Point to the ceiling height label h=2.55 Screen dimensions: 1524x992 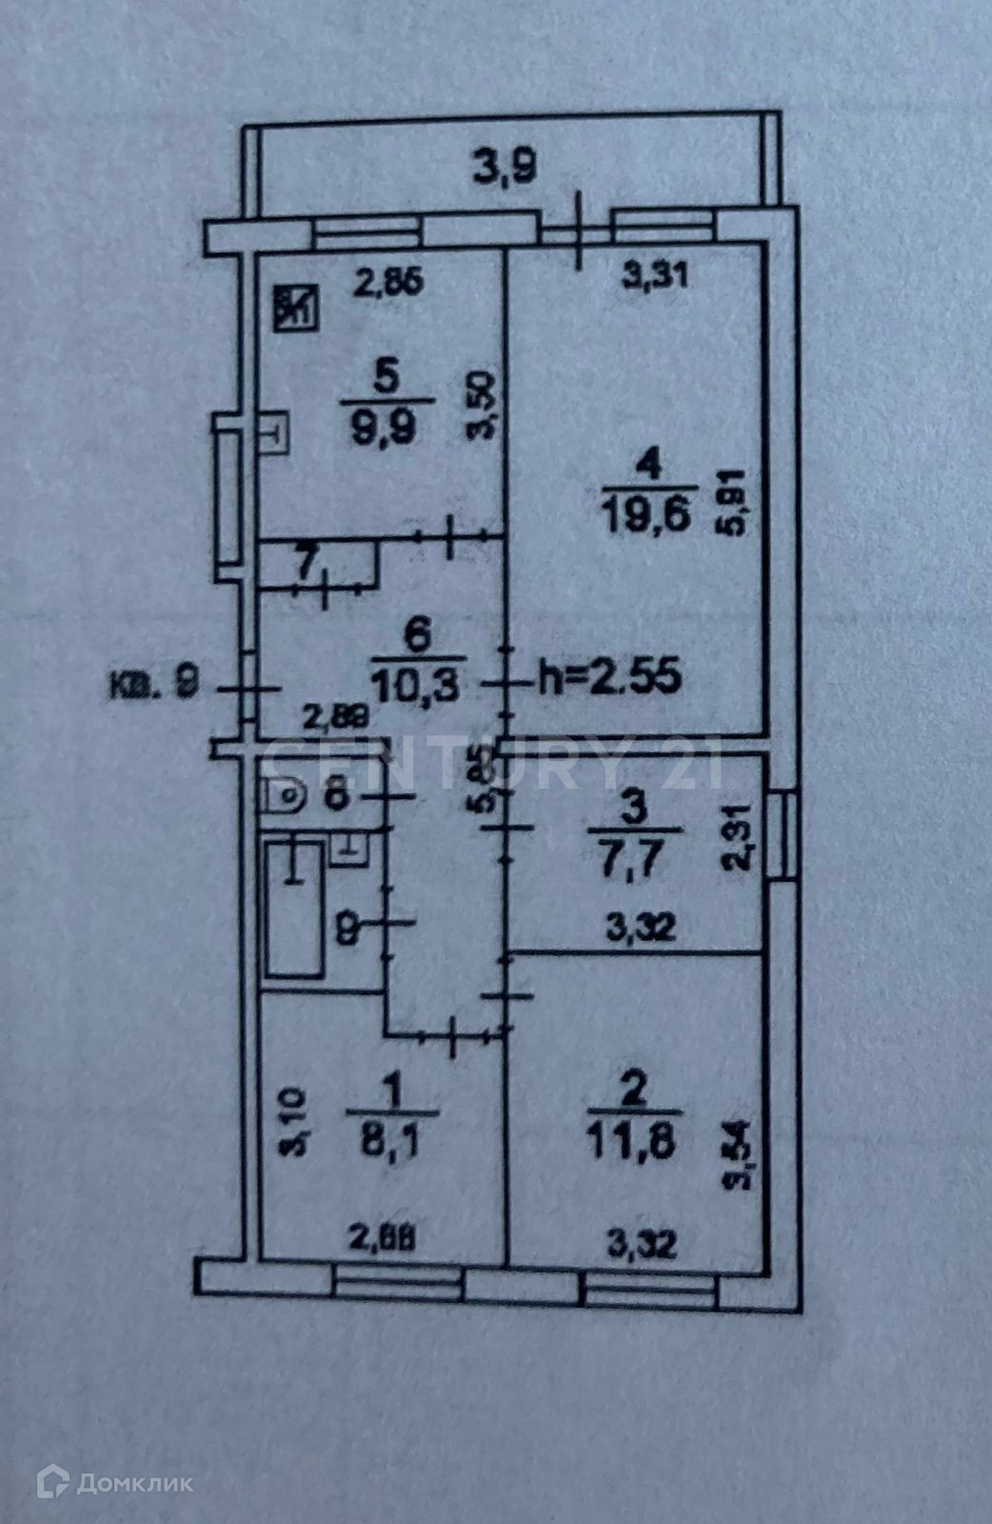click(609, 677)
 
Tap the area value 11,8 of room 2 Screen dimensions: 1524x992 click(633, 1141)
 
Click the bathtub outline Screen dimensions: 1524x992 click(294, 909)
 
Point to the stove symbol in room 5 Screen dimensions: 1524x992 click(296, 307)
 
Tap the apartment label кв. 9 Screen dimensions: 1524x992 click(153, 685)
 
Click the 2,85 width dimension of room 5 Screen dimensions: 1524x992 click(387, 284)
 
